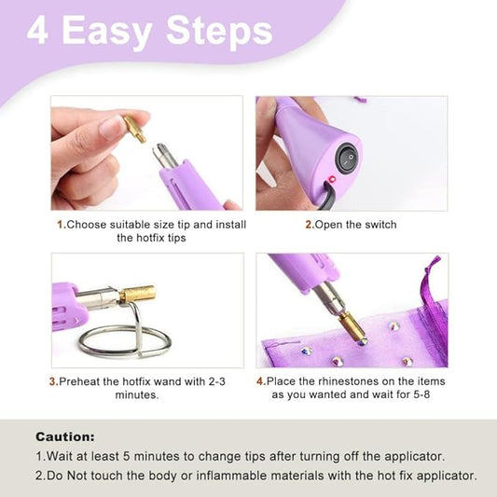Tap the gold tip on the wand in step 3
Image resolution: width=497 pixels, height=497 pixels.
point(136,296)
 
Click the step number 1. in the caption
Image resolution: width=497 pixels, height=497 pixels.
point(62,225)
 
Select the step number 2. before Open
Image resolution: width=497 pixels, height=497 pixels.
point(309,225)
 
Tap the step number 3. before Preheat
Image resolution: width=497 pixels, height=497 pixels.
point(53,381)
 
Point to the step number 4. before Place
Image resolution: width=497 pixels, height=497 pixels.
point(261,381)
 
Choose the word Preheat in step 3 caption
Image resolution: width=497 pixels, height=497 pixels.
point(82,381)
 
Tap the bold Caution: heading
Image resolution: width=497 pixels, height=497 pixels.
point(65,436)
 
